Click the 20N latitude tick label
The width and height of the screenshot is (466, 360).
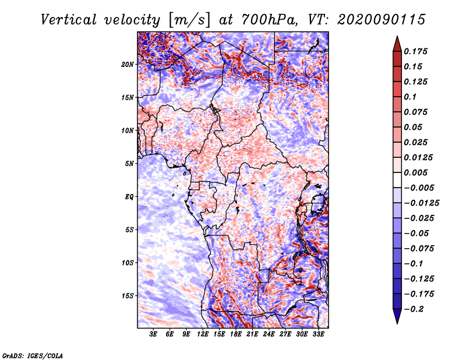click(128, 65)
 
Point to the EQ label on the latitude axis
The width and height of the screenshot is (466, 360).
click(129, 197)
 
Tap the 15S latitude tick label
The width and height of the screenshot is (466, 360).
click(128, 296)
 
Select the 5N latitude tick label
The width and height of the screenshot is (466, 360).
click(129, 164)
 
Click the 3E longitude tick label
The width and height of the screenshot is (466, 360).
click(153, 334)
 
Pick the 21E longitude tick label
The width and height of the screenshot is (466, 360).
click(252, 334)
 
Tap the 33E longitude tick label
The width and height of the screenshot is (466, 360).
click(318, 334)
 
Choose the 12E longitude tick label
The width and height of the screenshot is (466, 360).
click(203, 334)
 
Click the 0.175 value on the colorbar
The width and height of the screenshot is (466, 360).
click(415, 51)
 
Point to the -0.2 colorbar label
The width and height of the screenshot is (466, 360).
click(414, 309)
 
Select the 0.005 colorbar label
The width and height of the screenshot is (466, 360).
click(415, 172)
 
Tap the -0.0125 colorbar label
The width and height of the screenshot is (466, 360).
click(421, 203)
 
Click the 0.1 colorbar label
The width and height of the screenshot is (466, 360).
click(410, 97)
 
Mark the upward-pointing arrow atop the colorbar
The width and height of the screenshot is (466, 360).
click(397, 44)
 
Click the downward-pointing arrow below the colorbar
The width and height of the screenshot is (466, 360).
click(397, 316)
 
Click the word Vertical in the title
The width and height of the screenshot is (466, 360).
click(69, 20)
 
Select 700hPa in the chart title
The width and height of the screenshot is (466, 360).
click(269, 20)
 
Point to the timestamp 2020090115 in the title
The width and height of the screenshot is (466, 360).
click(382, 20)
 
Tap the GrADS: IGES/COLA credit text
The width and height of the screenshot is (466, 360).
click(33, 356)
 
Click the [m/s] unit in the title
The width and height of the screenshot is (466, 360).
click(189, 20)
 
